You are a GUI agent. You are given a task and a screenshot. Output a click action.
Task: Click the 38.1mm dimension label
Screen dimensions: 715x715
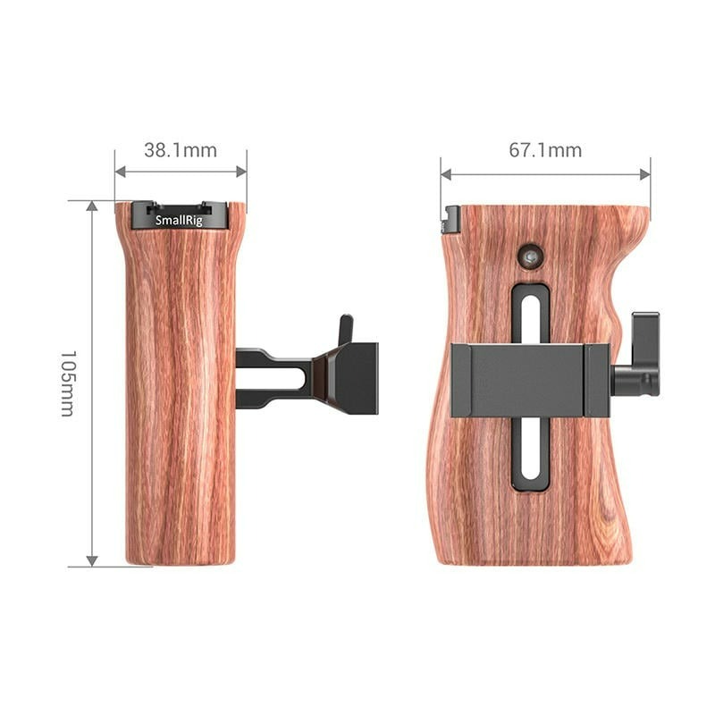click(181, 150)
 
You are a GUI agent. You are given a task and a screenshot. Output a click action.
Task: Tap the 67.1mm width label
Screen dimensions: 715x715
click(545, 150)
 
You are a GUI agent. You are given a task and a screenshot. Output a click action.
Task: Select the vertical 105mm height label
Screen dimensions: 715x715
click(68, 383)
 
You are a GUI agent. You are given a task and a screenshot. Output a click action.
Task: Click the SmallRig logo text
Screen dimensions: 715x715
click(179, 220)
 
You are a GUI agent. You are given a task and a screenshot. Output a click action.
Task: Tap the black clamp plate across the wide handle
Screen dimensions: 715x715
click(527, 380)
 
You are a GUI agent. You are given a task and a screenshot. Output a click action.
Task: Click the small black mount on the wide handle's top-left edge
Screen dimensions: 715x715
click(451, 220)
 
